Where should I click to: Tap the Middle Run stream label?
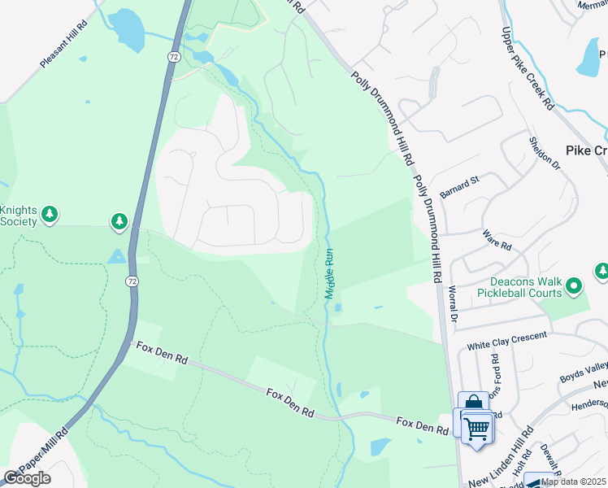pyautogui.click(x=330, y=273)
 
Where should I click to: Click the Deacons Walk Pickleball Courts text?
pyautogui.click(x=519, y=286)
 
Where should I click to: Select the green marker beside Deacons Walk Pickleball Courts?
pyautogui.click(x=574, y=285)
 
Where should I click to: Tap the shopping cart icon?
pyautogui.click(x=477, y=425)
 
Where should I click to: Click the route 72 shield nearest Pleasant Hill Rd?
pyautogui.click(x=174, y=57)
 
